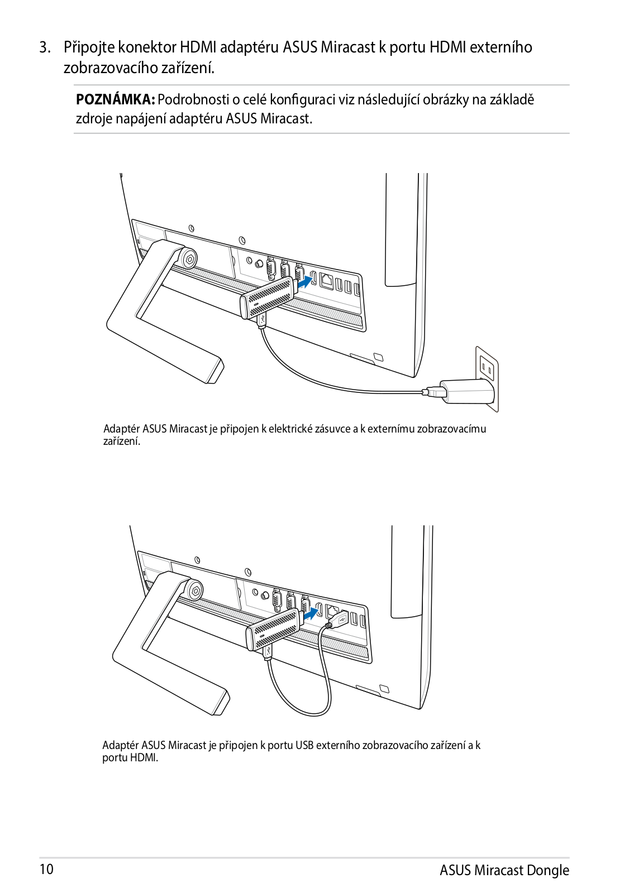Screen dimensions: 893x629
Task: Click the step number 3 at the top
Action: coord(44,47)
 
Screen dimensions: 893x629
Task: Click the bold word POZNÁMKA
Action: coord(115,100)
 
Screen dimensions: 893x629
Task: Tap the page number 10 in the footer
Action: coord(46,869)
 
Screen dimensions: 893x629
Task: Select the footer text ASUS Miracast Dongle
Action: coord(504,870)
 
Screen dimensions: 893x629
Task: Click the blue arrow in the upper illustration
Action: coord(303,283)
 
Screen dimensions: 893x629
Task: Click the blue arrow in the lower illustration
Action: coord(311,614)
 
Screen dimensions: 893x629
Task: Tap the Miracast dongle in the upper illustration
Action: coord(268,299)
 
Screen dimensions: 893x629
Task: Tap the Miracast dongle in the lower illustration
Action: coord(274,630)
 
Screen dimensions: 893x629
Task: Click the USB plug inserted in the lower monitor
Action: coord(339,619)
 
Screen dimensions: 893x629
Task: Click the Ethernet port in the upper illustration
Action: coord(327,282)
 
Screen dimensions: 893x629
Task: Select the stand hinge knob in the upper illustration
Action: coord(189,258)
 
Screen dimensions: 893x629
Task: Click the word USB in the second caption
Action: coord(304,745)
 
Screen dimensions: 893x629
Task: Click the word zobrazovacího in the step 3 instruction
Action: coord(110,68)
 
